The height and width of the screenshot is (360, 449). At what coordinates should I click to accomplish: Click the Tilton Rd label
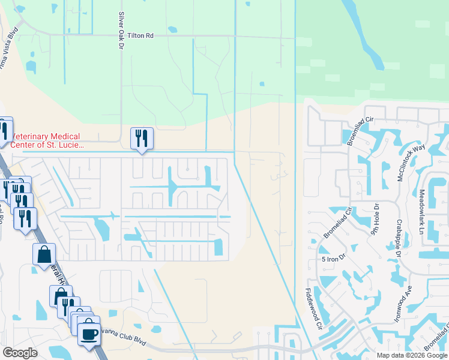point(142,36)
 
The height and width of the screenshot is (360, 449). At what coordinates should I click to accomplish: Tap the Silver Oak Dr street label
point(121,29)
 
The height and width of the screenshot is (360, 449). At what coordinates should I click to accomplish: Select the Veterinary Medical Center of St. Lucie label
point(46,141)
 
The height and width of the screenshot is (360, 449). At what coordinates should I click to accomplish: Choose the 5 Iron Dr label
point(334,259)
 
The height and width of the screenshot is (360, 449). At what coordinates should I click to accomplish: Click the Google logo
point(20,353)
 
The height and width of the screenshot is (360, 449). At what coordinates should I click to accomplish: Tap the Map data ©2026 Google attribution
point(411,355)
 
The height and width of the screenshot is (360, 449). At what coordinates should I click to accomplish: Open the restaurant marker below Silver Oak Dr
point(142,139)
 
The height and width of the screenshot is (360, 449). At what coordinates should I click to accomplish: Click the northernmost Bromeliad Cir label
point(360,131)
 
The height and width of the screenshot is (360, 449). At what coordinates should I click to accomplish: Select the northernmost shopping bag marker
point(44,254)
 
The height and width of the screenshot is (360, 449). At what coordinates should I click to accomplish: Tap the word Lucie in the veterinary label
point(70,145)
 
